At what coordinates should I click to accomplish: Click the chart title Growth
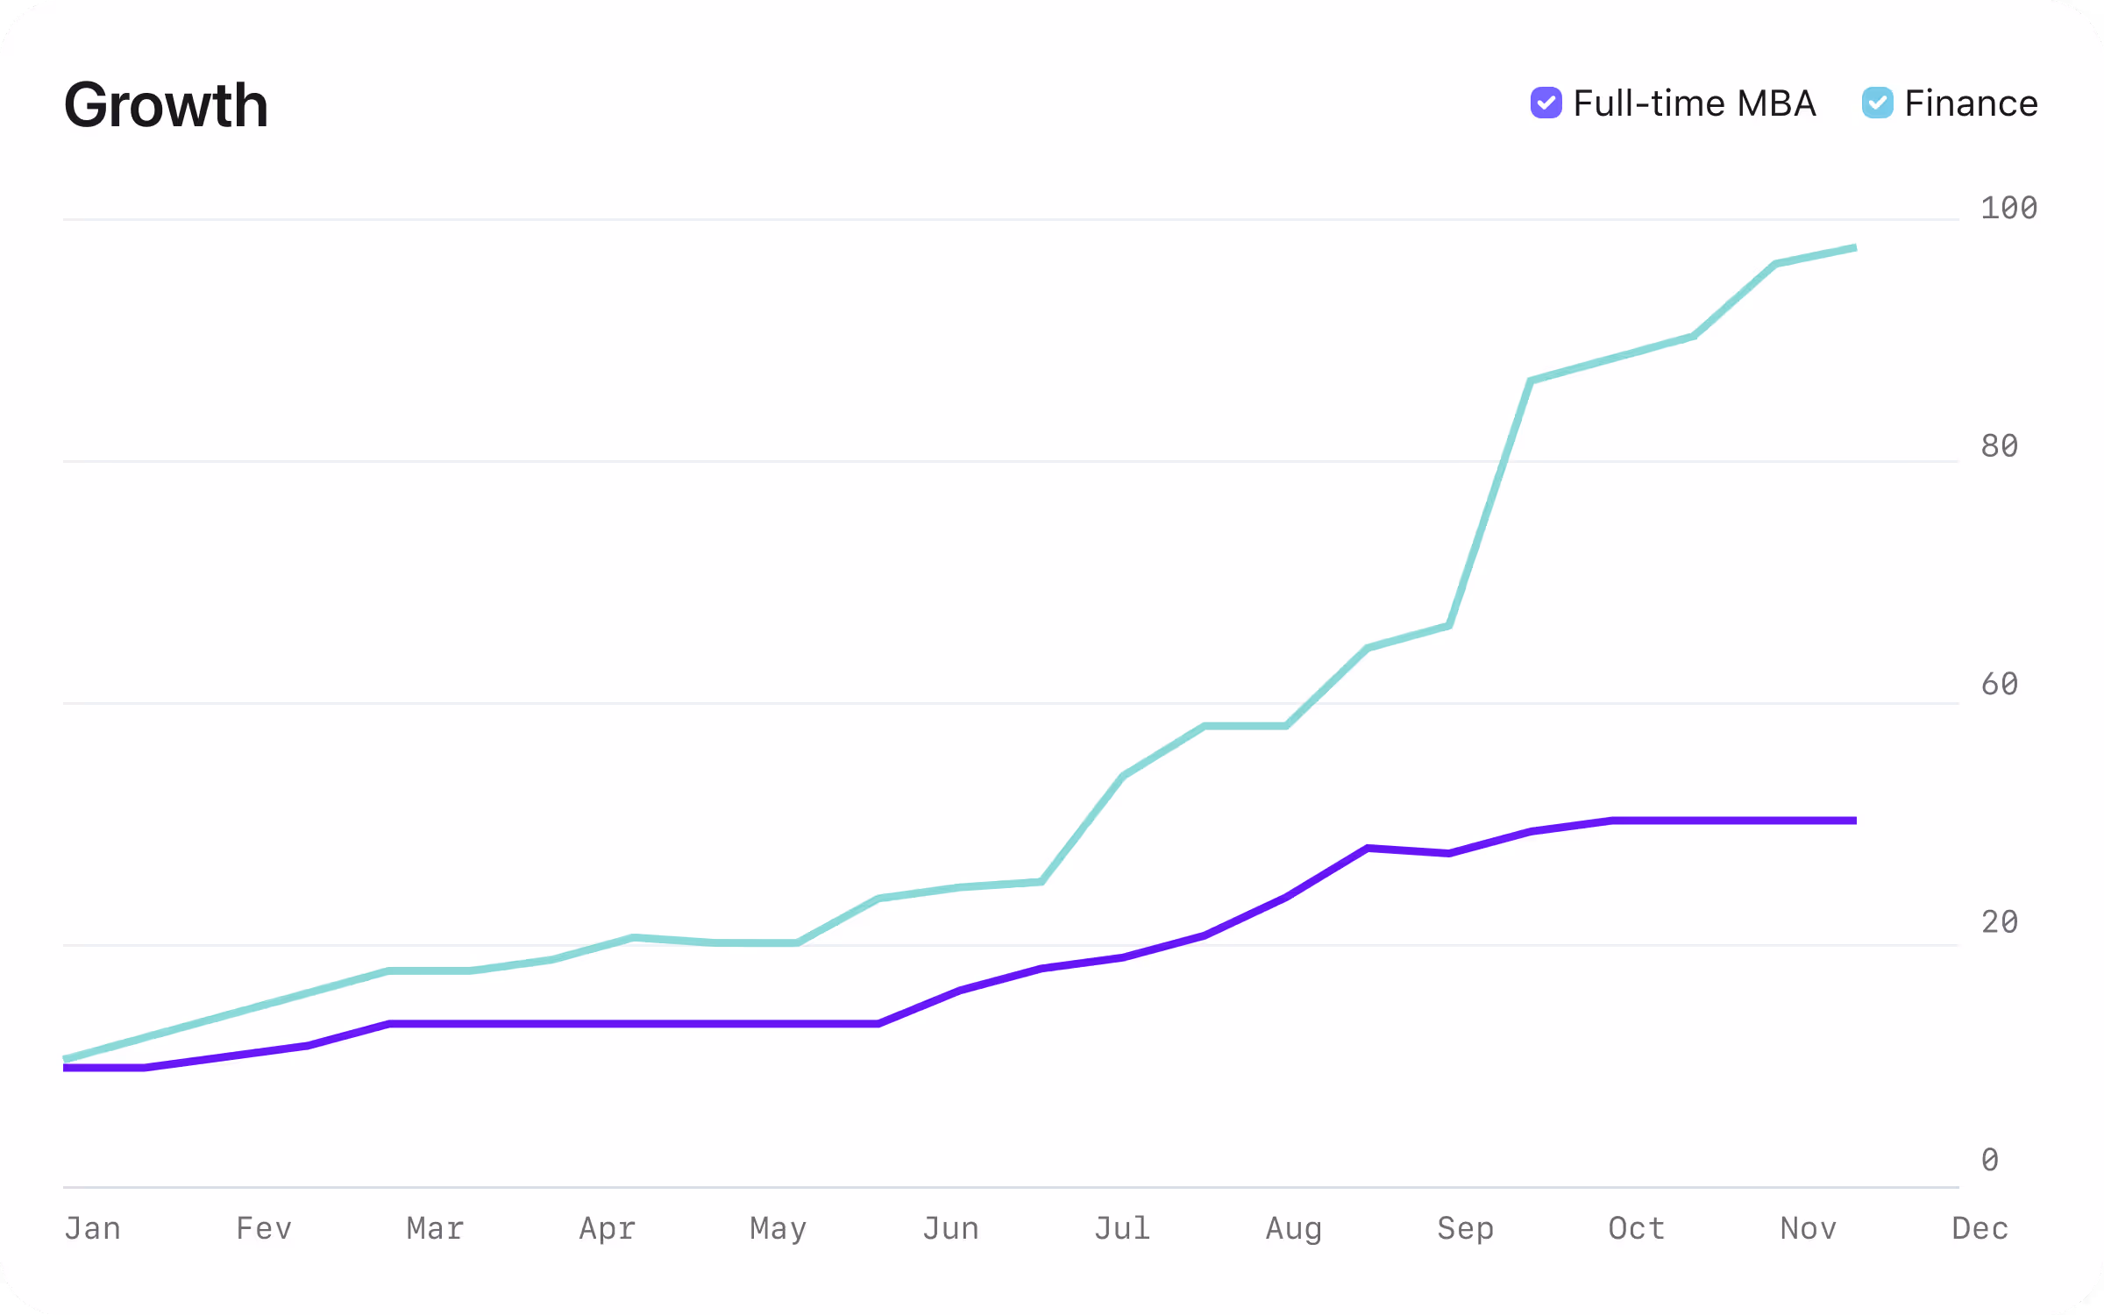pos(166,105)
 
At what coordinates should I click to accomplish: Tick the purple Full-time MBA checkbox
pos(1546,103)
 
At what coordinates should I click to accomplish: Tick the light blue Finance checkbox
pos(1877,103)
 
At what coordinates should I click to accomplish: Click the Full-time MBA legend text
pos(1694,103)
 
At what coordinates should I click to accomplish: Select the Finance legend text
pos(1971,103)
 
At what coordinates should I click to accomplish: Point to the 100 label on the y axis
pos(2008,209)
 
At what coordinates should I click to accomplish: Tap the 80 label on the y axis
pos(2000,446)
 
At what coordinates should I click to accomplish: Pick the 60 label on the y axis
pos(2000,684)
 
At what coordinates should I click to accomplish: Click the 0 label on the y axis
pos(1990,1160)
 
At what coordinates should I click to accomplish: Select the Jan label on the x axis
pos(93,1228)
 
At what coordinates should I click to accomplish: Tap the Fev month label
pos(264,1228)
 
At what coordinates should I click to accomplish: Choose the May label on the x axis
pos(778,1229)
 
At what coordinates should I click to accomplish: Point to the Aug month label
pos(1294,1229)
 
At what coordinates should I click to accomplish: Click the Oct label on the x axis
pos(1637,1228)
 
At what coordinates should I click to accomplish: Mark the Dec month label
pos(1980,1228)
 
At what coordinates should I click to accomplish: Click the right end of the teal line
pos(1855,248)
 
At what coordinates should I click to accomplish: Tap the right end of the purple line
pos(1855,821)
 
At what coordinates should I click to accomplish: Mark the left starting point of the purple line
pos(66,1068)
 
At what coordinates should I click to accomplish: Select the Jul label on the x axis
pos(1122,1228)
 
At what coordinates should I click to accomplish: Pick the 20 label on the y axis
pos(2000,922)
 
